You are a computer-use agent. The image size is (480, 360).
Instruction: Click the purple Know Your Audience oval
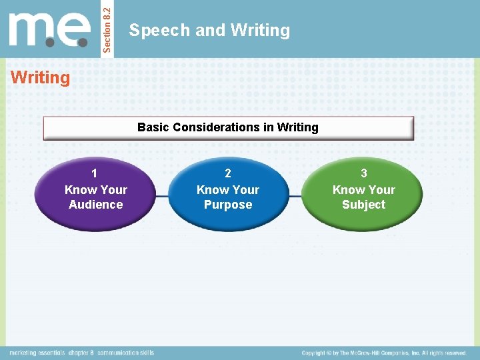95,193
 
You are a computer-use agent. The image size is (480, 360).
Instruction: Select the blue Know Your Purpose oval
228,193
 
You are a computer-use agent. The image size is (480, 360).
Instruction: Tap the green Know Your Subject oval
363,193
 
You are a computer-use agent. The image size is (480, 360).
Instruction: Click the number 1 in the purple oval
95,173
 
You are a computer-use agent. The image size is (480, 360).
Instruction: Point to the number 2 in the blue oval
228,173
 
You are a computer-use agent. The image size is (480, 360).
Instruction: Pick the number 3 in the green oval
363,173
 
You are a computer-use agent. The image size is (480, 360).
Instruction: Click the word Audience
95,205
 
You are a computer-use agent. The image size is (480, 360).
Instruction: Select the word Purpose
228,205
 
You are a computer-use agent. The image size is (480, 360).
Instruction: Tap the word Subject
363,205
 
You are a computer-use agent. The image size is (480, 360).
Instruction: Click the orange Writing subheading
40,78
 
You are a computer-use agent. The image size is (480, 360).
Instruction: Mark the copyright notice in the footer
383,353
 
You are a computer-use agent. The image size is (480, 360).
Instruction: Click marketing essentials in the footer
37,353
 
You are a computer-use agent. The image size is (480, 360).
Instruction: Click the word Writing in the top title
260,31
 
